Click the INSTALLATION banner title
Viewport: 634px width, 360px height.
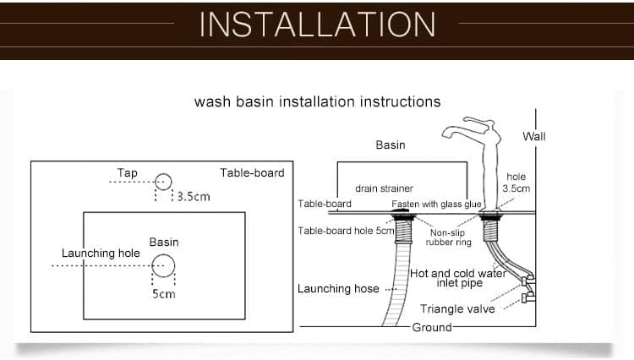coord(317,25)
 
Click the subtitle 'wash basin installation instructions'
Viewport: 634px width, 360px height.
coord(317,101)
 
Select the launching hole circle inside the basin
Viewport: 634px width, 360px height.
coord(163,254)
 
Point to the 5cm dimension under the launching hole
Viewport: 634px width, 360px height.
coord(164,294)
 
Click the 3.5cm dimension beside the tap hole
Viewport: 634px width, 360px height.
coord(194,197)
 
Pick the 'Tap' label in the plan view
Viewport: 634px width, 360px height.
coord(128,173)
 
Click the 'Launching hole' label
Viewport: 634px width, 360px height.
coord(101,254)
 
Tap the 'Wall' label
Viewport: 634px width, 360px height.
coord(533,137)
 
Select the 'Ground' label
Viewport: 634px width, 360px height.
coord(432,327)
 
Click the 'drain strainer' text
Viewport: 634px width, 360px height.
coord(384,188)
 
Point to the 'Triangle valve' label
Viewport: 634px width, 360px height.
coord(457,309)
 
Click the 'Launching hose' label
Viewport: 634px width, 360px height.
coord(338,288)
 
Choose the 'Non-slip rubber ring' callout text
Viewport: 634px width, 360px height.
coord(448,237)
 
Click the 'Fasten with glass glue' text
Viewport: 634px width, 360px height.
coord(436,204)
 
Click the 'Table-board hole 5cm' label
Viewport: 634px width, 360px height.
coord(346,231)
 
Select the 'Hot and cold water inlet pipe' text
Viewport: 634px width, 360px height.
coord(458,278)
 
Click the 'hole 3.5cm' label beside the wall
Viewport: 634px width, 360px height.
coord(516,183)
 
